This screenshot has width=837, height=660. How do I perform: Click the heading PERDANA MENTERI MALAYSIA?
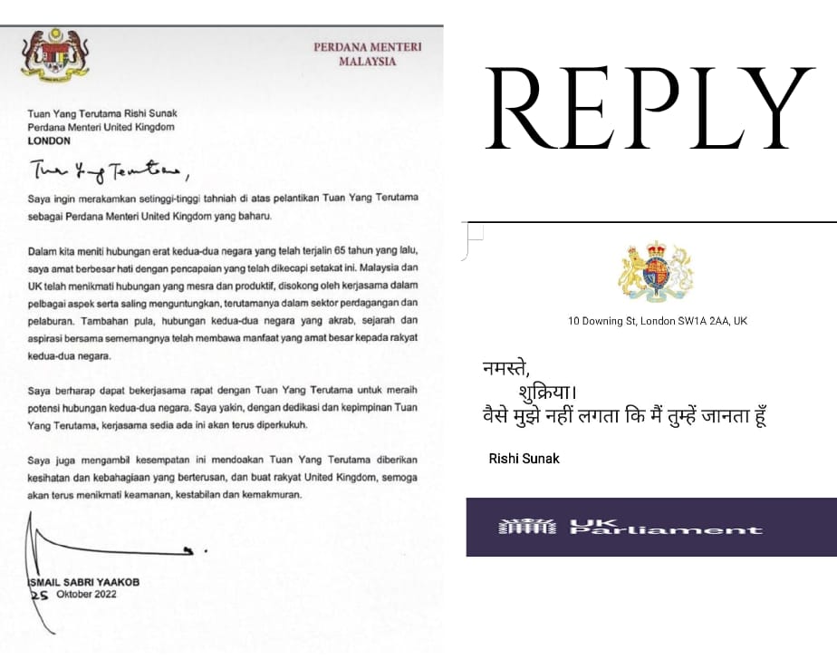point(367,53)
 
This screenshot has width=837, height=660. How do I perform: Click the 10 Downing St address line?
point(657,321)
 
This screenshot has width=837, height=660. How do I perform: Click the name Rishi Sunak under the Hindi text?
point(524,459)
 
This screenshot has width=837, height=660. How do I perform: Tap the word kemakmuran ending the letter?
point(269,495)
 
